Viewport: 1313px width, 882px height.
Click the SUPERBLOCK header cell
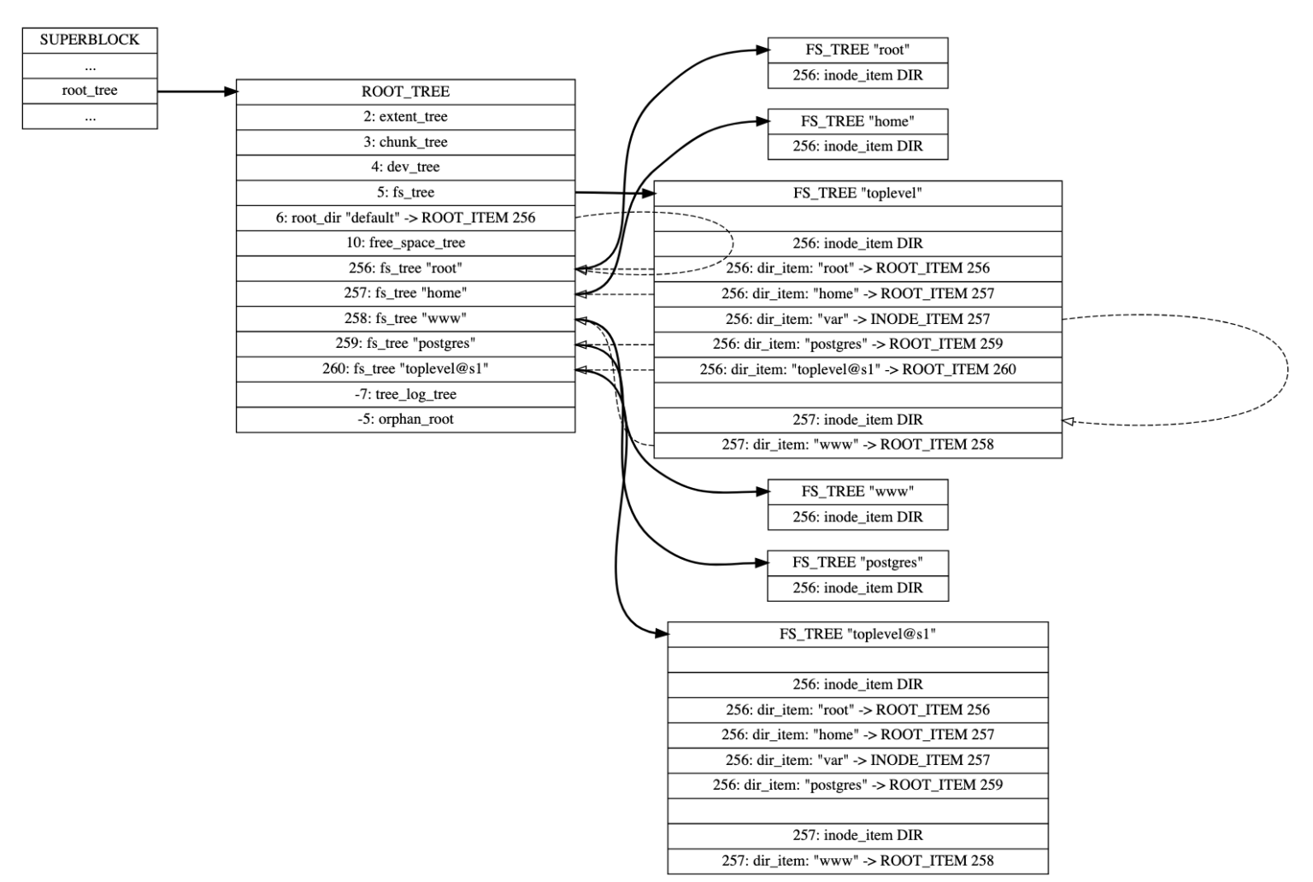pyautogui.click(x=90, y=40)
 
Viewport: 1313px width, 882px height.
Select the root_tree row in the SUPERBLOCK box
pyautogui.click(x=90, y=91)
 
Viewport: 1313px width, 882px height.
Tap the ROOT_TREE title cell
pyautogui.click(x=405, y=91)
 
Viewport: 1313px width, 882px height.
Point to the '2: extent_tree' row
pyautogui.click(x=405, y=117)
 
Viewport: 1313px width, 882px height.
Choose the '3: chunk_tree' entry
pyautogui.click(x=405, y=142)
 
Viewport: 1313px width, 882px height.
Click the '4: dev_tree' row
pyautogui.click(x=405, y=168)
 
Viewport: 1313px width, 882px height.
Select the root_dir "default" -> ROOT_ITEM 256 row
pyautogui.click(x=405, y=218)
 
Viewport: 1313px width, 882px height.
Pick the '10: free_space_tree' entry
pyautogui.click(x=405, y=243)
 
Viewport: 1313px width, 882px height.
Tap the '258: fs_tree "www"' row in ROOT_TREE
pyautogui.click(x=405, y=319)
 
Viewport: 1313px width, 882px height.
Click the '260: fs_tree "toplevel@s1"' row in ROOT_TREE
pyautogui.click(x=405, y=369)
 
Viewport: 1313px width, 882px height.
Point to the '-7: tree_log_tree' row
pyautogui.click(x=405, y=394)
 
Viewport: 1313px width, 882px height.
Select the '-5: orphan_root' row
pyautogui.click(x=405, y=420)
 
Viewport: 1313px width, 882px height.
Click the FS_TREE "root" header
pyautogui.click(x=857, y=50)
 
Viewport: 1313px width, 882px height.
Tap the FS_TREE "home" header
pyautogui.click(x=857, y=121)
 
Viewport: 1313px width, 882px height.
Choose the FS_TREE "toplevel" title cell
pyautogui.click(x=857, y=193)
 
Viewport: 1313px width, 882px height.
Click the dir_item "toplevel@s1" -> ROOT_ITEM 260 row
pyautogui.click(x=857, y=369)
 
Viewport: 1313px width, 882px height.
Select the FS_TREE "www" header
pyautogui.click(x=857, y=491)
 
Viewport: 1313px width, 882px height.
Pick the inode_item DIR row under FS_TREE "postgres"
pyautogui.click(x=857, y=588)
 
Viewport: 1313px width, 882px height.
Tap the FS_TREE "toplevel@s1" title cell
pyautogui.click(x=857, y=634)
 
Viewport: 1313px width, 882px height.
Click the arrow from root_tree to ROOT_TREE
pyautogui.click(x=197, y=91)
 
